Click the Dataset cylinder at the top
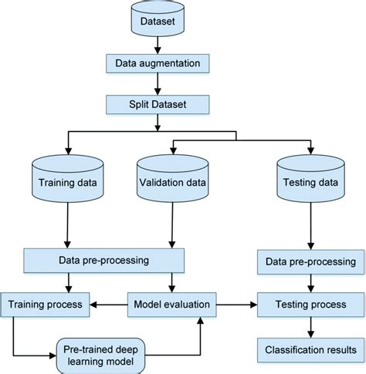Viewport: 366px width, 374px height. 158,22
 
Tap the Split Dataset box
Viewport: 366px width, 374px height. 158,103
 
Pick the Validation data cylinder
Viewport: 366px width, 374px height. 171,182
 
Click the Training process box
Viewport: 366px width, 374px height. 46,305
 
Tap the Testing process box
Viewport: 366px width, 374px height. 310,305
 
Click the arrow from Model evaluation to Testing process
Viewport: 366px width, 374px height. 236,305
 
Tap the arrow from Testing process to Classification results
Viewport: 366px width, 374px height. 310,327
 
